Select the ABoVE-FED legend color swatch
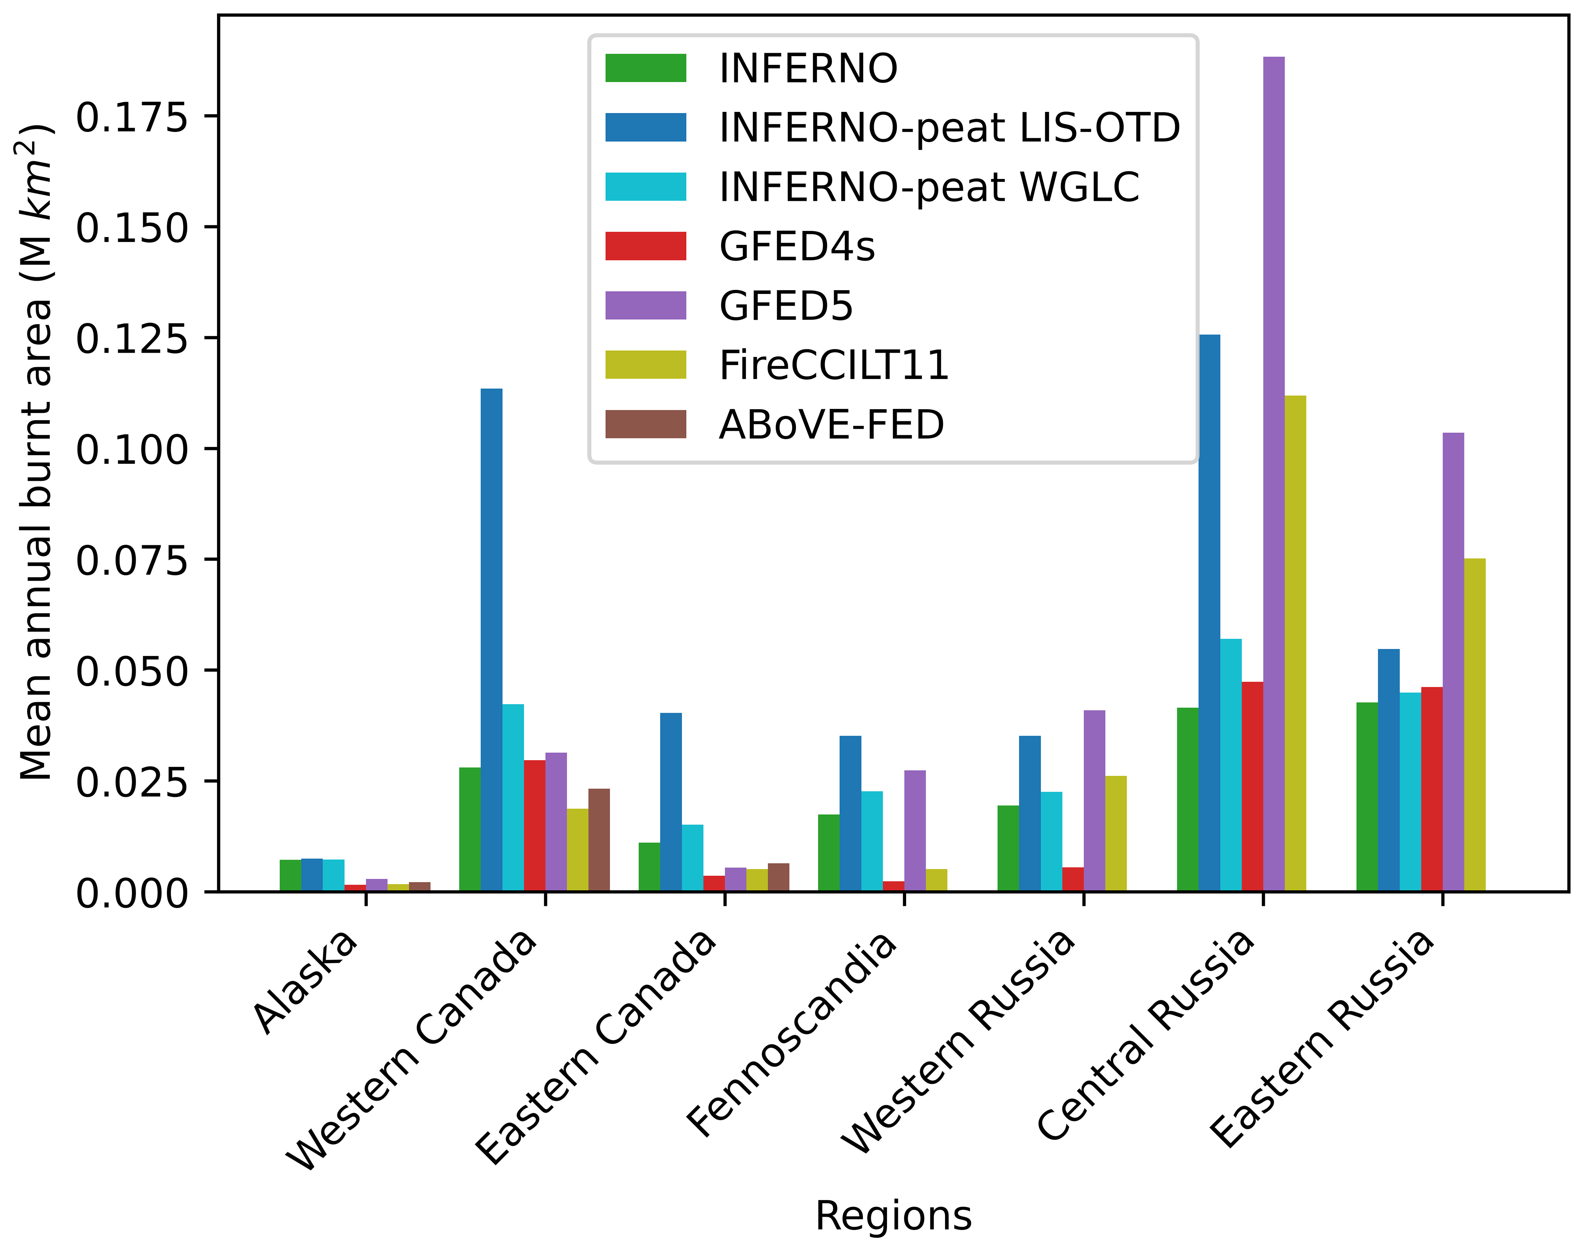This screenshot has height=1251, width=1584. [x=645, y=424]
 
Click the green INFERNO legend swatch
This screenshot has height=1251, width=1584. [x=645, y=68]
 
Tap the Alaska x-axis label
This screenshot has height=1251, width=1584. [x=306, y=982]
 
